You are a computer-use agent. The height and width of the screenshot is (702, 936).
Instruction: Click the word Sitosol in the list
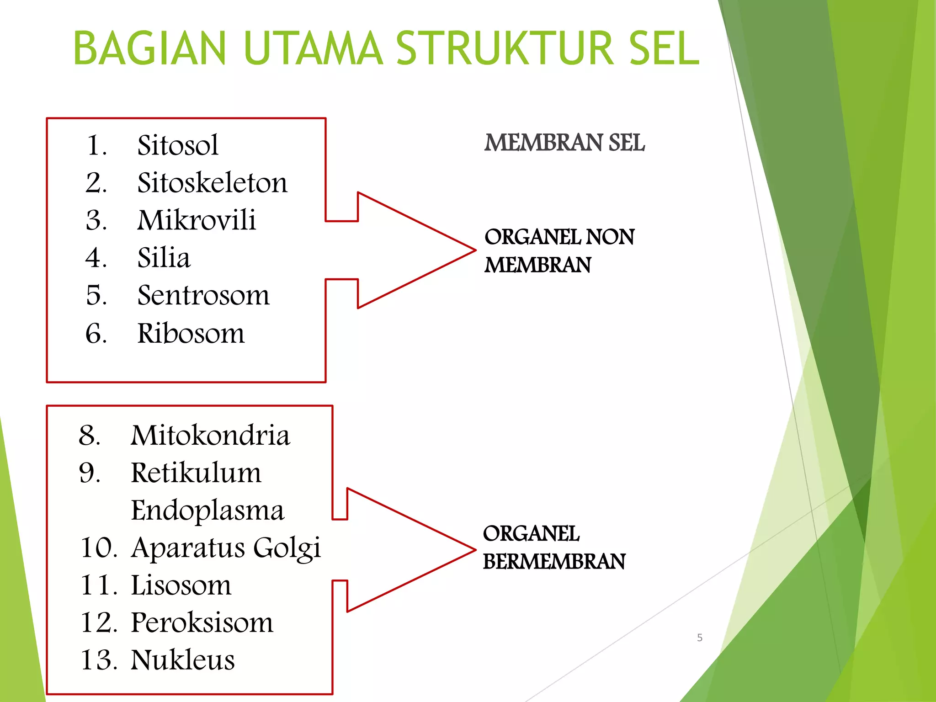[x=177, y=145]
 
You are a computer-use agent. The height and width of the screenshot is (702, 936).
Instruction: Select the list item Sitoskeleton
[x=212, y=183]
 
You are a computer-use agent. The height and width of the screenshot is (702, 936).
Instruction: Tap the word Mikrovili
[x=197, y=220]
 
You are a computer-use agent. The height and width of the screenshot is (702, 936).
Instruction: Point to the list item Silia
[x=164, y=258]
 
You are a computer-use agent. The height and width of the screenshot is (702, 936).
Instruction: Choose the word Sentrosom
[x=203, y=295]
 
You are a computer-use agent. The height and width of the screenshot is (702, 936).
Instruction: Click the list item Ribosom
[x=191, y=333]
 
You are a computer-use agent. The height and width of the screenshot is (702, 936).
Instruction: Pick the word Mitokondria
[x=210, y=435]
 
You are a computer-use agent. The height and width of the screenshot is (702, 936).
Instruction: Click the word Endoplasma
[x=207, y=511]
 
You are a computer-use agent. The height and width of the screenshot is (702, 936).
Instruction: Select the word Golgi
[x=287, y=548]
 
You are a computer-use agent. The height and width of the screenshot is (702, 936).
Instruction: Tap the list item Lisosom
[x=181, y=585]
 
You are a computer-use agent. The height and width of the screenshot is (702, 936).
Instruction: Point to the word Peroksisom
[x=202, y=622]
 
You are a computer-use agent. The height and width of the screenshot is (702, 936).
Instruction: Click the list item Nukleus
[x=182, y=660]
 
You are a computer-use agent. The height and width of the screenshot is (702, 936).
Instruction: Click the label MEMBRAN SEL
[x=564, y=143]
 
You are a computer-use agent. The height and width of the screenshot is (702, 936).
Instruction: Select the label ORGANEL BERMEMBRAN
[x=553, y=548]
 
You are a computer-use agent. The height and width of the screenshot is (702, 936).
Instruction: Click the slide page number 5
[x=699, y=638]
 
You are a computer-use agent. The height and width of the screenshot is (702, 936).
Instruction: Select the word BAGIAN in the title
[x=149, y=48]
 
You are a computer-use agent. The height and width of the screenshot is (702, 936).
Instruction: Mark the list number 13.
[x=98, y=660]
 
